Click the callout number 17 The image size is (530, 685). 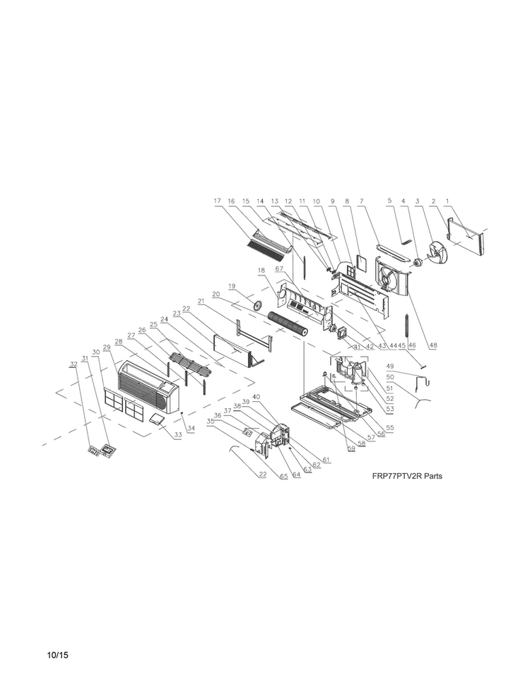pos(218,201)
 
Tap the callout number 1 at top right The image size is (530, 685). pos(447,201)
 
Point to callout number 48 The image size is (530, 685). pos(433,345)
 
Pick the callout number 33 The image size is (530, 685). pos(178,435)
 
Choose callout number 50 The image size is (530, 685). pos(390,376)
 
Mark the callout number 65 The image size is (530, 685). pos(284,476)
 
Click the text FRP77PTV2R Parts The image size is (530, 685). pos(407,476)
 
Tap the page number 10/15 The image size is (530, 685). pos(58,655)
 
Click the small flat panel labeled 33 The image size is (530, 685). pos(157,419)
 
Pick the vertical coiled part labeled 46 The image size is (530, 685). pos(407,325)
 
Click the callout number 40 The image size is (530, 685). pos(256,397)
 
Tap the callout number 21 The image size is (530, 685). pos(201,301)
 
